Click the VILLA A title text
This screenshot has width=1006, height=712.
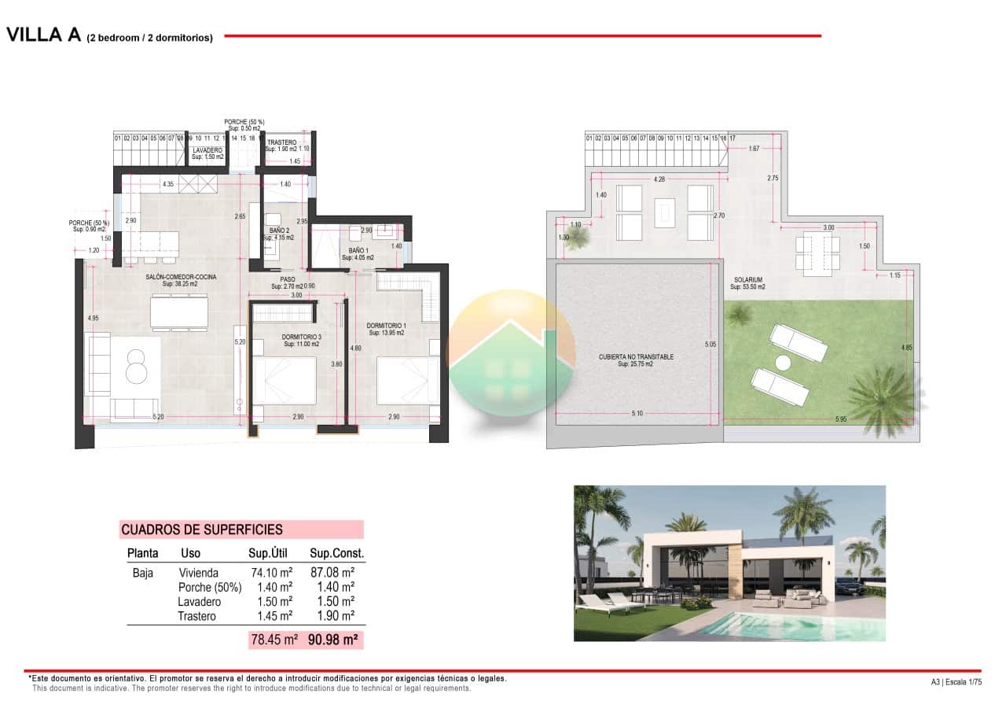[x=44, y=35]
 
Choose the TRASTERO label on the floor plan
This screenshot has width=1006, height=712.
[x=281, y=142]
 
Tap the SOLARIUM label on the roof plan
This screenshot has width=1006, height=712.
[x=748, y=280]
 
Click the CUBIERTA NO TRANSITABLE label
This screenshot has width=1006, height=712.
[x=637, y=357]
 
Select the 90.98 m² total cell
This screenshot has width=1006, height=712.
[x=333, y=640]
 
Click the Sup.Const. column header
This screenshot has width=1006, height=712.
[x=336, y=553]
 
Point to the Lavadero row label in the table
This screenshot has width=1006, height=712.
[x=198, y=602]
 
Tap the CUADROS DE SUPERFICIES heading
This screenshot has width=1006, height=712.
[x=201, y=530]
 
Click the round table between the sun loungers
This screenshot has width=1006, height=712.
[x=783, y=363]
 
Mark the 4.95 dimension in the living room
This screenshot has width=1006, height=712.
[x=94, y=318]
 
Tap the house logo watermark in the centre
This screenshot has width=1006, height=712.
[x=511, y=353]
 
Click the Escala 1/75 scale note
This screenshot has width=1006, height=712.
[x=964, y=682]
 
